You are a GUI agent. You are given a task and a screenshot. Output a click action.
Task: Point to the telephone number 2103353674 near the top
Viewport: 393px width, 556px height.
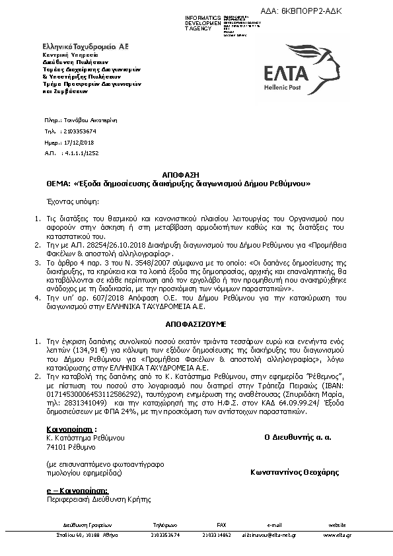tap(82, 132)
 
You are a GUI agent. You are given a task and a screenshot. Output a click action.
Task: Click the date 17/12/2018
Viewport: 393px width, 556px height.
tap(80, 142)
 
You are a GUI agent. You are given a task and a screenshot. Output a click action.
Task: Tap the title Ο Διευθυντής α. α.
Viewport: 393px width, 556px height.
tap(297, 437)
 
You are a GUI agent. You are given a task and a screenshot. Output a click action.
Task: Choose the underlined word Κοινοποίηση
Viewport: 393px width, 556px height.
tap(62, 429)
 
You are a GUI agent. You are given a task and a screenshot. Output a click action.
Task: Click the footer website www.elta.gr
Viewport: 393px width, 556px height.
tap(337, 534)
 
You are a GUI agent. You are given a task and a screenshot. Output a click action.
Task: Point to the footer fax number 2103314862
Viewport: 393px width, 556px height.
tap(217, 534)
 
